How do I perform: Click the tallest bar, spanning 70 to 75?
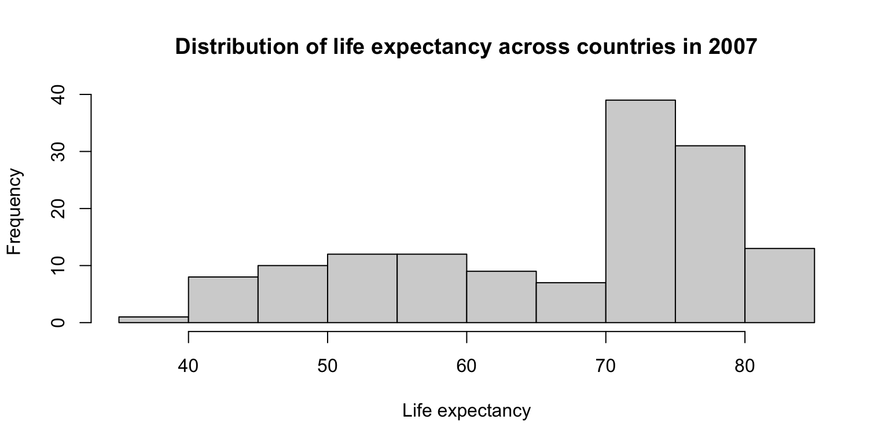(x=640, y=211)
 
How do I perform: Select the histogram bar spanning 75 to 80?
(x=710, y=234)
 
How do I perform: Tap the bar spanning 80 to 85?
(x=779, y=285)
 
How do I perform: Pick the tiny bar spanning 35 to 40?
(x=153, y=320)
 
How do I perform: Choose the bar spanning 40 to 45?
(x=223, y=300)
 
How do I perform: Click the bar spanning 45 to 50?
(x=292, y=294)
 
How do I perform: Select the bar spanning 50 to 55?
(x=362, y=288)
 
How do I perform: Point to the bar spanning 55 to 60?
(x=431, y=288)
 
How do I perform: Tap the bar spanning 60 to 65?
(x=501, y=297)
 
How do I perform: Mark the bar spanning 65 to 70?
(x=571, y=302)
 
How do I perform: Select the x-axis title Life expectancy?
(x=466, y=411)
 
